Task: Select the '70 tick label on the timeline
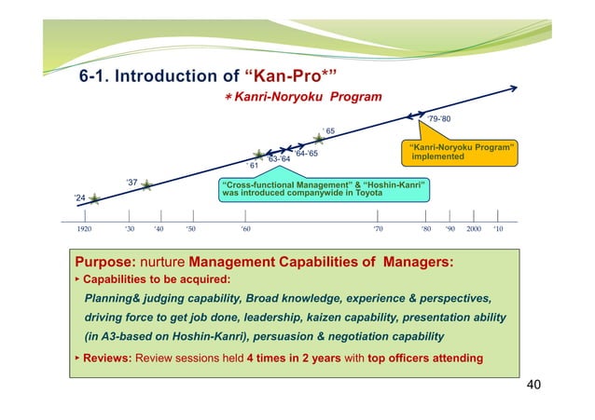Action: [377, 227]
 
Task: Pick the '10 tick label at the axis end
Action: [498, 227]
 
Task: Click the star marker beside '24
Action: [95, 199]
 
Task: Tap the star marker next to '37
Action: [146, 185]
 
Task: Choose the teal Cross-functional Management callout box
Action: [324, 189]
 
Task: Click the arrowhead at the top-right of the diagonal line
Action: [515, 89]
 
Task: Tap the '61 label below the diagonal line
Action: [252, 165]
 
